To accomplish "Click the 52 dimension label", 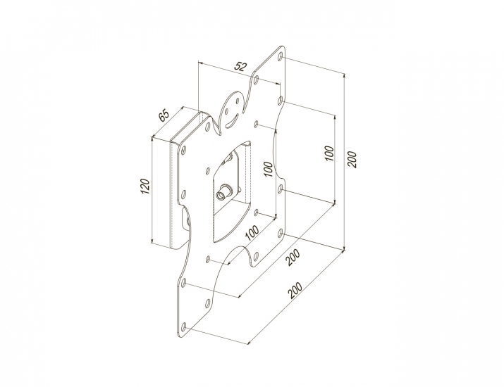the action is coord(240,66).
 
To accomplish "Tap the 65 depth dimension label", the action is coord(164,115).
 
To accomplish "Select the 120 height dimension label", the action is coord(145,186).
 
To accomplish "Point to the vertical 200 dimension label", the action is coord(352,159).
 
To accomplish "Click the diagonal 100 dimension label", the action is coord(252,233).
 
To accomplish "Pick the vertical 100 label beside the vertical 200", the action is coord(329,154).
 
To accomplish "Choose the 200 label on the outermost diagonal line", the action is coord(295,291).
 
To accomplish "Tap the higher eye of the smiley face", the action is coord(238,102).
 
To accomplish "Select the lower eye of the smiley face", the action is coord(226,111).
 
